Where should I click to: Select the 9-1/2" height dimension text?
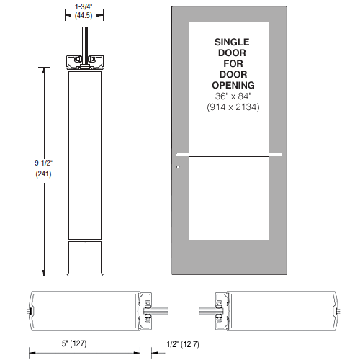(x=24, y=163)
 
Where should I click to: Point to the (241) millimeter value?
(x=24, y=174)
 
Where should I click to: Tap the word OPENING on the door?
(x=232, y=86)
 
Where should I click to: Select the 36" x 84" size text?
(x=232, y=96)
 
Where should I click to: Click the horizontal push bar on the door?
(x=228, y=153)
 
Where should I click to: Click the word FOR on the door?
(x=232, y=64)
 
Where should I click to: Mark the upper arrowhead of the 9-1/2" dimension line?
(x=48, y=69)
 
